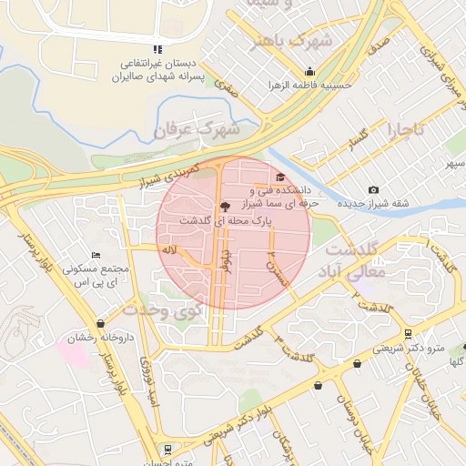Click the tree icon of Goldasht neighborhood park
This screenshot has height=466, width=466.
pyautogui.click(x=226, y=207)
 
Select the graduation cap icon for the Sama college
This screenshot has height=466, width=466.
pyautogui.click(x=279, y=177)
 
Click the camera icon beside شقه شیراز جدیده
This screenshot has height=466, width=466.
pyautogui.click(x=373, y=189)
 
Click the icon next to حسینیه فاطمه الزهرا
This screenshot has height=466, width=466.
pyautogui.click(x=309, y=72)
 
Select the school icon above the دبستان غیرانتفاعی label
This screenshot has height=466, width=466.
pyautogui.click(x=157, y=49)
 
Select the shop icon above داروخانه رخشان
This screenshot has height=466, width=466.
pyautogui.click(x=100, y=323)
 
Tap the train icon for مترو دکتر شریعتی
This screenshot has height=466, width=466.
pyautogui.click(x=408, y=333)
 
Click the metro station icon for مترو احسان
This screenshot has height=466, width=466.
pyautogui.click(x=167, y=448)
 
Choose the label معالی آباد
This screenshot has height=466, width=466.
pyautogui.click(x=355, y=271)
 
